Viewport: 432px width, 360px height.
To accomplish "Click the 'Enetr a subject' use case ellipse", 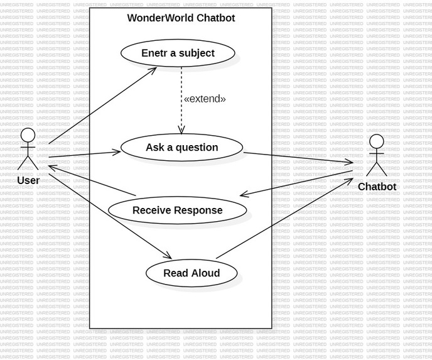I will pyautogui.click(x=178, y=53).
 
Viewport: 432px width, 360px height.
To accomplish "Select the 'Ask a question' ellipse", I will pyautogui.click(x=181, y=148).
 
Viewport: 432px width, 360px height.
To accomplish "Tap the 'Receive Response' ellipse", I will pyautogui.click(x=177, y=210).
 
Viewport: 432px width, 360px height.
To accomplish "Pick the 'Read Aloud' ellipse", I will pyautogui.click(x=192, y=273).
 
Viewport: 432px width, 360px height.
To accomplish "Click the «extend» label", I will pyautogui.click(x=205, y=99).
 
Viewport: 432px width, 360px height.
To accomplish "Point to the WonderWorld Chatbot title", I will pyautogui.click(x=181, y=18).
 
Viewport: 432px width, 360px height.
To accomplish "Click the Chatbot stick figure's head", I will pyautogui.click(x=376, y=142).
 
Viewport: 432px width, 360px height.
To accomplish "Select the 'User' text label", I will pyautogui.click(x=28, y=181).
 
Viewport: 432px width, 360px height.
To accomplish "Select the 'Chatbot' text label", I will pyautogui.click(x=377, y=187).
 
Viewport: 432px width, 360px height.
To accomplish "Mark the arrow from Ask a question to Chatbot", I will pyautogui.click(x=298, y=158).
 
